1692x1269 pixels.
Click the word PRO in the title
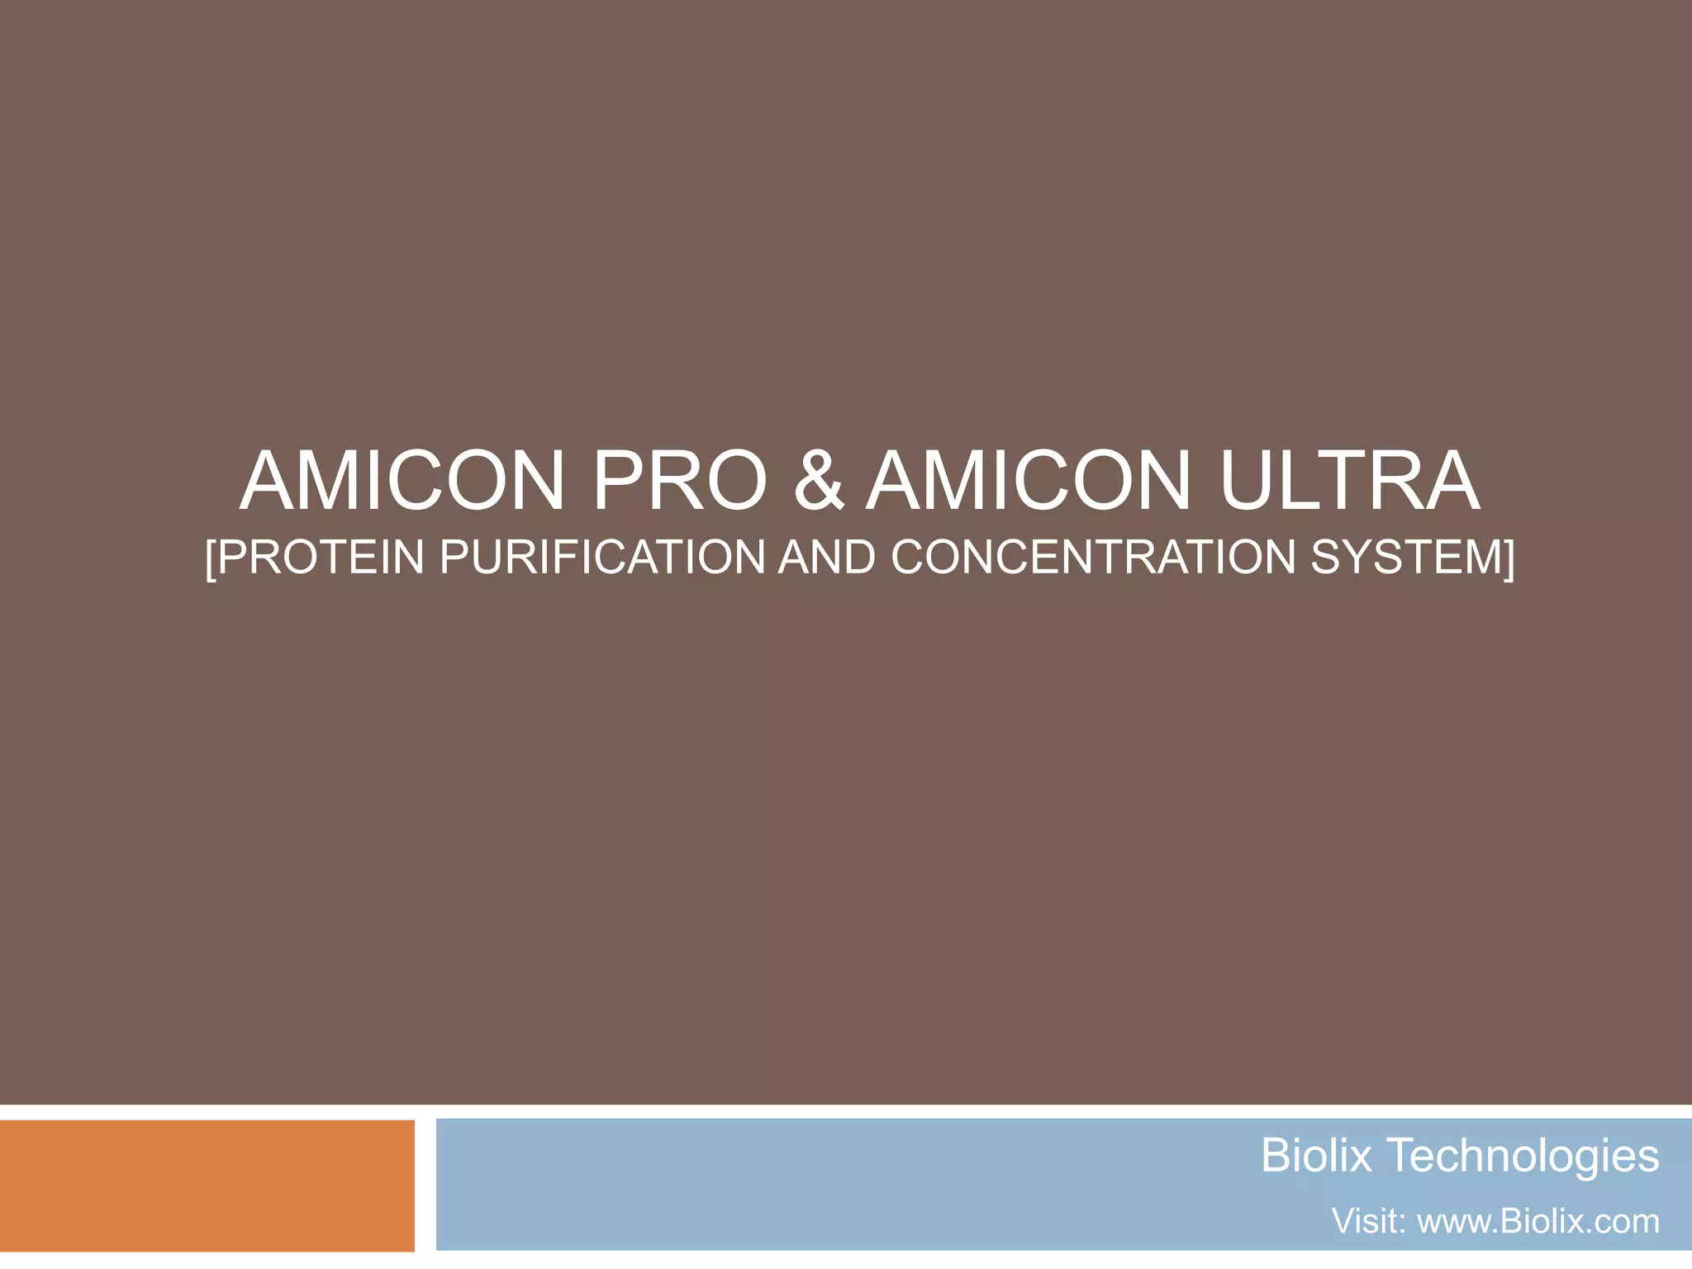coord(680,481)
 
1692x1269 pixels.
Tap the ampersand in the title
coord(819,481)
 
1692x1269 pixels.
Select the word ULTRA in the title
coord(1348,481)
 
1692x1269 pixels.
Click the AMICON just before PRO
coord(402,481)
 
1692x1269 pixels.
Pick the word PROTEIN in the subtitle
coord(321,557)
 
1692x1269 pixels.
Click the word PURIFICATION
coord(602,557)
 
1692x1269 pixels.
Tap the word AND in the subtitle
coord(827,557)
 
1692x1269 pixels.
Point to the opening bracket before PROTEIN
coord(211,558)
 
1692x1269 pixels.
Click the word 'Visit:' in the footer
coord(1368,1221)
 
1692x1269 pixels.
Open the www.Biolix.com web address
coord(1538,1221)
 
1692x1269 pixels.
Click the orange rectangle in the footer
coord(207,1186)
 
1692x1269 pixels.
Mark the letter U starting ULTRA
coord(1248,481)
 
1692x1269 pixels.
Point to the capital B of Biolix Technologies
coord(1276,1155)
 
